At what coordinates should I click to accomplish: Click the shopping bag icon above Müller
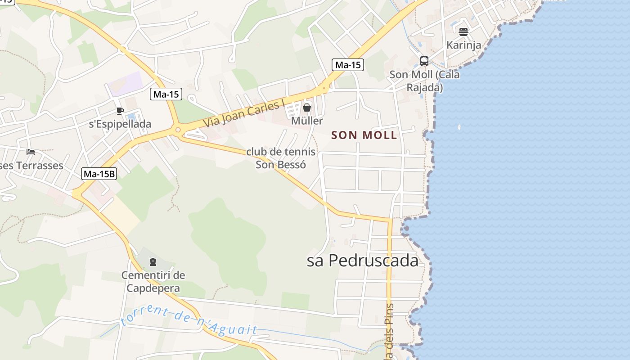pyautogui.click(x=307, y=108)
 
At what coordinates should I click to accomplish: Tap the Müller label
pyautogui.click(x=307, y=121)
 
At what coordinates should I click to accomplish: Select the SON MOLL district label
pyautogui.click(x=364, y=135)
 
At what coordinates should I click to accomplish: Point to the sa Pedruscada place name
pyautogui.click(x=362, y=261)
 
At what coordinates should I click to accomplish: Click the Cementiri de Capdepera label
pyautogui.click(x=153, y=282)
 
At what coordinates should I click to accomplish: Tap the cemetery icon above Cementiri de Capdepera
pyautogui.click(x=153, y=261)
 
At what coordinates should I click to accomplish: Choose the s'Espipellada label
pyautogui.click(x=120, y=124)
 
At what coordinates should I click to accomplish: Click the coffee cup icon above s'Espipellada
pyautogui.click(x=120, y=111)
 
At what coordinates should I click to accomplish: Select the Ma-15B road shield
pyautogui.click(x=99, y=174)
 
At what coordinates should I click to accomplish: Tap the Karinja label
pyautogui.click(x=463, y=45)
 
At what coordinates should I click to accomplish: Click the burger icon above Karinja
pyautogui.click(x=463, y=32)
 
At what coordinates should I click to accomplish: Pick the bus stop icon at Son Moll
pyautogui.click(x=424, y=61)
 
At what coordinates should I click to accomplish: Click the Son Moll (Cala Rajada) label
pyautogui.click(x=424, y=81)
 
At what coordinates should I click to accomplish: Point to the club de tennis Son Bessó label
pyautogui.click(x=281, y=158)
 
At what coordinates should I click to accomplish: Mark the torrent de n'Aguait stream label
pyautogui.click(x=189, y=320)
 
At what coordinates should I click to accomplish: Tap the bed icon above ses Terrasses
pyautogui.click(x=31, y=152)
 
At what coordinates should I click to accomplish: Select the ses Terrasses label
pyautogui.click(x=31, y=166)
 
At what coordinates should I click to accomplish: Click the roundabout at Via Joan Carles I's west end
pyautogui.click(x=178, y=130)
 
